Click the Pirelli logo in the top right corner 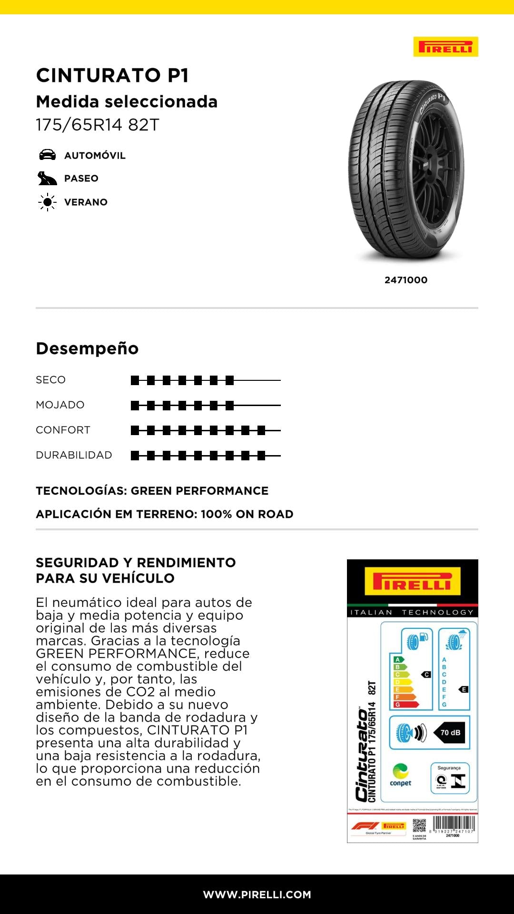pyautogui.click(x=445, y=47)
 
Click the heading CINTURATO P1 pyautogui.click(x=112, y=75)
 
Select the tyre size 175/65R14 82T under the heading pyautogui.click(x=98, y=125)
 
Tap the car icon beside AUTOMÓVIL pyautogui.click(x=47, y=155)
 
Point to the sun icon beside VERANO pyautogui.click(x=47, y=202)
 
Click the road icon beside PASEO pyautogui.click(x=47, y=179)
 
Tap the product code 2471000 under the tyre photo pyautogui.click(x=405, y=280)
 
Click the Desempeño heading pyautogui.click(x=87, y=348)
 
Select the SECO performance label pyautogui.click(x=50, y=380)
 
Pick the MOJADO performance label pyautogui.click(x=60, y=405)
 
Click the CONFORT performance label pyautogui.click(x=63, y=430)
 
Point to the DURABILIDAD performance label pyautogui.click(x=74, y=455)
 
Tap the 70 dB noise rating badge pyautogui.click(x=449, y=733)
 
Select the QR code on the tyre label pyautogui.click(x=419, y=826)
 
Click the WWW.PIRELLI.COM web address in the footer pyautogui.click(x=257, y=894)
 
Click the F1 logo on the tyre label pyautogui.click(x=365, y=826)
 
